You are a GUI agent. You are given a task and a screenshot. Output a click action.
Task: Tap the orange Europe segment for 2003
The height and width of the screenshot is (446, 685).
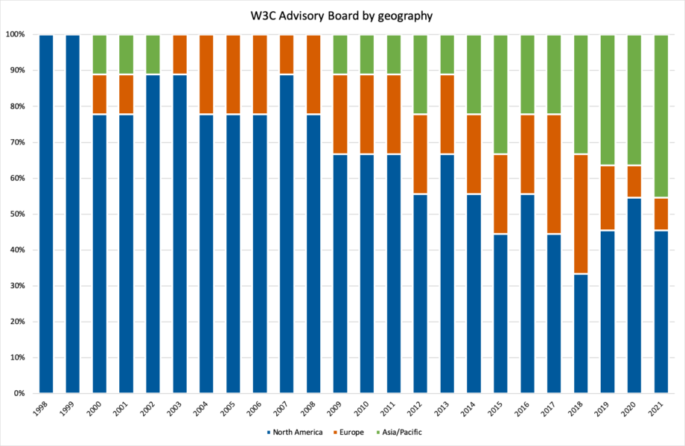pos(179,54)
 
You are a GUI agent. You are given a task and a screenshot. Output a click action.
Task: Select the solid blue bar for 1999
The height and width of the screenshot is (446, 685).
pos(73,214)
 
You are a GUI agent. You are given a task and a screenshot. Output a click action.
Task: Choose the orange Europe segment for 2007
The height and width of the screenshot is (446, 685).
pos(287,54)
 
